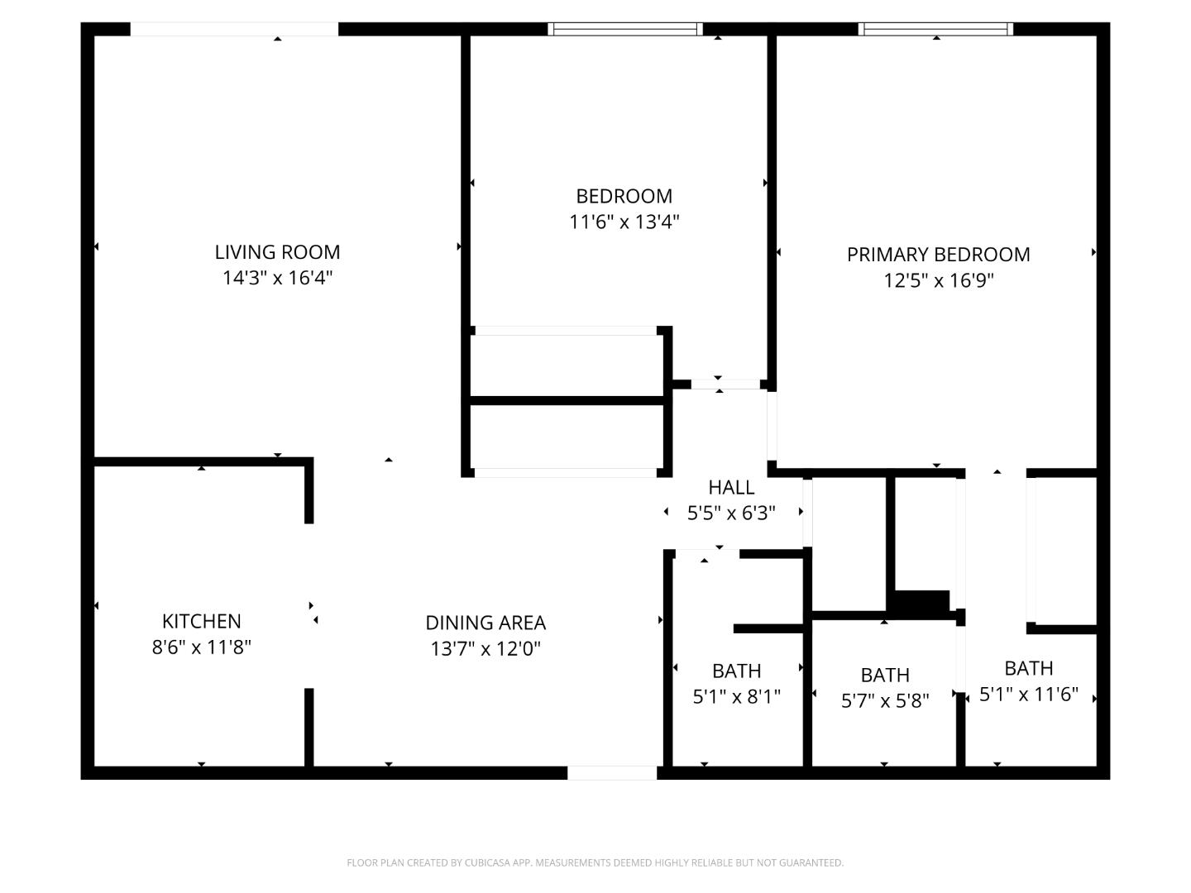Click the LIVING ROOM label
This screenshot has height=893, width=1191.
click(x=277, y=252)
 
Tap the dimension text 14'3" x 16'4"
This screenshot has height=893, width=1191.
click(x=277, y=278)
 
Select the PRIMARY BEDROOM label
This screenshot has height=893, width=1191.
click(x=938, y=255)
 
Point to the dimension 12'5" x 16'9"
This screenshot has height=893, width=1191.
click(x=938, y=280)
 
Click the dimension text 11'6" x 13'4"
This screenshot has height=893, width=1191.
click(x=624, y=222)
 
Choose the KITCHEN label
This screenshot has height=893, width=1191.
click(x=201, y=621)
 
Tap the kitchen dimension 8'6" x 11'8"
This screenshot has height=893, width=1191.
click(x=201, y=647)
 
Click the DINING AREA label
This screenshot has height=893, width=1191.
click(x=485, y=623)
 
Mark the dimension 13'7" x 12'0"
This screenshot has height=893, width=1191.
click(x=485, y=648)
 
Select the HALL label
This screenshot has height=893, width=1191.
click(x=731, y=487)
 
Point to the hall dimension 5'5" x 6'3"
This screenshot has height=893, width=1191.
click(x=731, y=513)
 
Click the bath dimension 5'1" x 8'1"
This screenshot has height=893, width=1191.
click(x=736, y=697)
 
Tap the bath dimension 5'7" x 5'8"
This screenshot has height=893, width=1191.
click(x=885, y=701)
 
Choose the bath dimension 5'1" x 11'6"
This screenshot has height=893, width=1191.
click(x=1029, y=695)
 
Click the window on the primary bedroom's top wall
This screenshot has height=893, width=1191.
click(x=936, y=29)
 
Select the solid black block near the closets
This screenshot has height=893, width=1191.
click(x=922, y=604)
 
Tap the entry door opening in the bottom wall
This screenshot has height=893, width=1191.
click(x=612, y=773)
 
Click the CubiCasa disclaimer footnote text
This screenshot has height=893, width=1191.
click(x=595, y=862)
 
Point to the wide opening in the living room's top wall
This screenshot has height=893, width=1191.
click(x=234, y=29)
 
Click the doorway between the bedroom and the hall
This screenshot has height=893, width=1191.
click(x=725, y=384)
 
